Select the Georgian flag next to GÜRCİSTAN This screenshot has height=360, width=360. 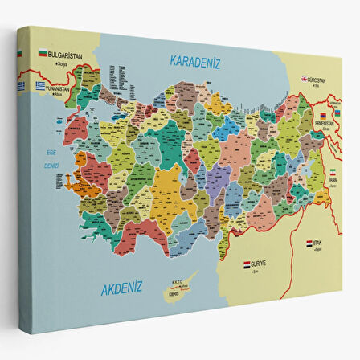point(305,79)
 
